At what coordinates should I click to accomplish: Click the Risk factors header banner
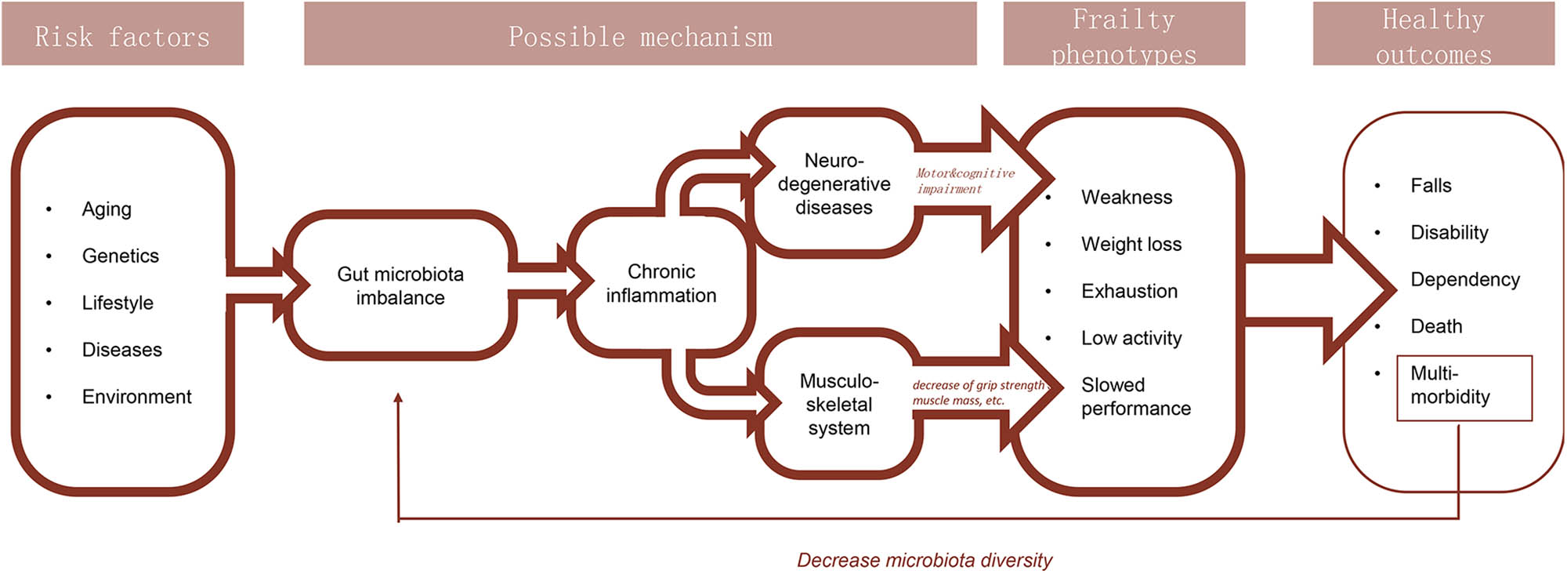(x=122, y=35)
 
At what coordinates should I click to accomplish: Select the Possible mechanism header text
(x=640, y=36)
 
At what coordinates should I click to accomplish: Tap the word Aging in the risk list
(x=107, y=209)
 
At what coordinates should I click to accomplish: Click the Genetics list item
(x=120, y=256)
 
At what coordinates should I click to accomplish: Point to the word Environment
(x=136, y=397)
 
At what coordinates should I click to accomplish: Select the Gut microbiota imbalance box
(x=400, y=285)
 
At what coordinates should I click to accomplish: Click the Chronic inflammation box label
(x=660, y=283)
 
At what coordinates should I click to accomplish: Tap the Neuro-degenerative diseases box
(x=834, y=183)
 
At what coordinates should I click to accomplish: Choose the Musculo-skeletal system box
(x=838, y=404)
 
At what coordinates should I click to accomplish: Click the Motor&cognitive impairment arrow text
(x=964, y=181)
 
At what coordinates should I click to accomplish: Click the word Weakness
(x=1127, y=197)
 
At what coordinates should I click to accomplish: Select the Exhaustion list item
(x=1129, y=291)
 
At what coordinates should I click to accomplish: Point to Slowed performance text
(x=1135, y=397)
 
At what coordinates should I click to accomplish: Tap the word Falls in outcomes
(x=1431, y=185)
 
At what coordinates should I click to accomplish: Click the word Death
(x=1436, y=326)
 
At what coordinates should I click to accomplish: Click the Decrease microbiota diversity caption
(x=924, y=560)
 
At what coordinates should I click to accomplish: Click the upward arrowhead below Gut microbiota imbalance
(x=398, y=398)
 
